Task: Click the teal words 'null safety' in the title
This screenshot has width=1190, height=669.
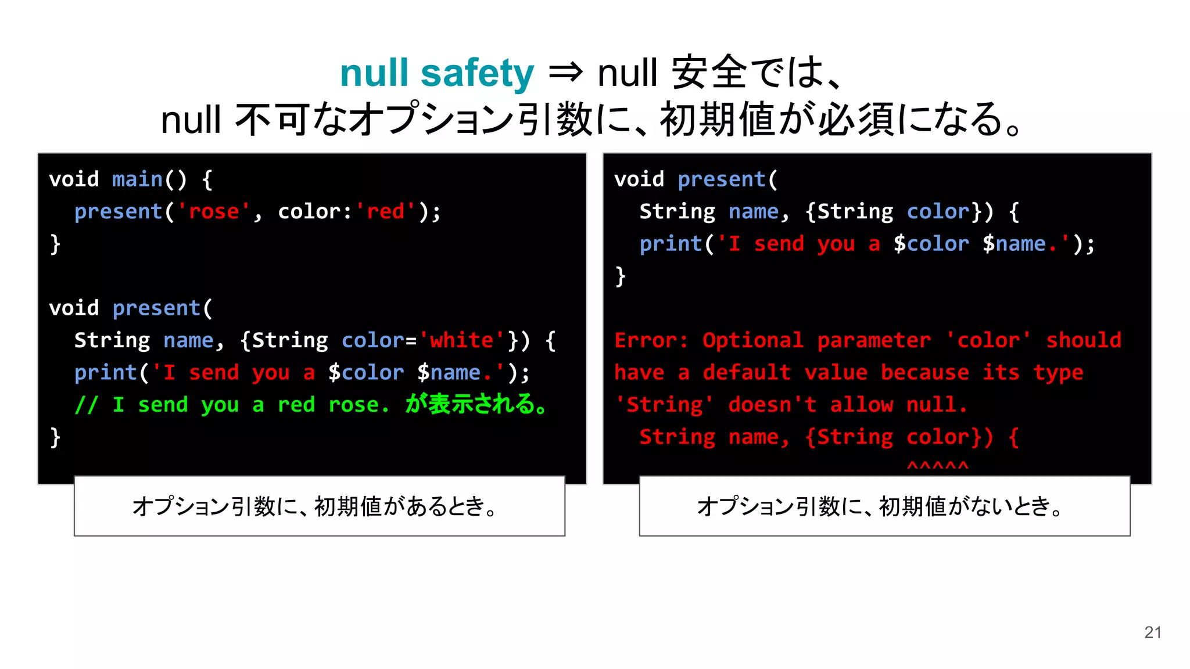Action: click(436, 73)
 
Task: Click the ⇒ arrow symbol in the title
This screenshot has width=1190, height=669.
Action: click(565, 73)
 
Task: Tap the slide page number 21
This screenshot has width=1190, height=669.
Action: click(1152, 632)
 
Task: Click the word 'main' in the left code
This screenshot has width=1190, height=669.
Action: click(137, 179)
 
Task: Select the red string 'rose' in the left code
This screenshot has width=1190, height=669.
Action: click(214, 211)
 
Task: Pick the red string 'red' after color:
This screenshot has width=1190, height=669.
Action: click(385, 211)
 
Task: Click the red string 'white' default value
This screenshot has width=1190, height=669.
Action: click(461, 340)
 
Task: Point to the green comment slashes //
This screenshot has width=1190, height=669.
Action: click(86, 405)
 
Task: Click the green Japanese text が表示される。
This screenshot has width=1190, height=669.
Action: click(476, 404)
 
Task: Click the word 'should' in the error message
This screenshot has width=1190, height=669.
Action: click(1084, 340)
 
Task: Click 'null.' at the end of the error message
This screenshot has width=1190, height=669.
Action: click(937, 405)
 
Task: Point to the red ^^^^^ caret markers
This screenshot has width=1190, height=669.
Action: click(937, 466)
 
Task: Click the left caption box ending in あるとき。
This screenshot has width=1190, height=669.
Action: click(320, 506)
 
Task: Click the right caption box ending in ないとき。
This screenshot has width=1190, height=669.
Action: click(884, 506)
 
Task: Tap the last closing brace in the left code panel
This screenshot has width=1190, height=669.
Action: click(55, 437)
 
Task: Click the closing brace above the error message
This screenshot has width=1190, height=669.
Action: click(621, 276)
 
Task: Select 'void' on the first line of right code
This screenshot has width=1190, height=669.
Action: click(639, 179)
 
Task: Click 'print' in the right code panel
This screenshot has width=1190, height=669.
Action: click(671, 244)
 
